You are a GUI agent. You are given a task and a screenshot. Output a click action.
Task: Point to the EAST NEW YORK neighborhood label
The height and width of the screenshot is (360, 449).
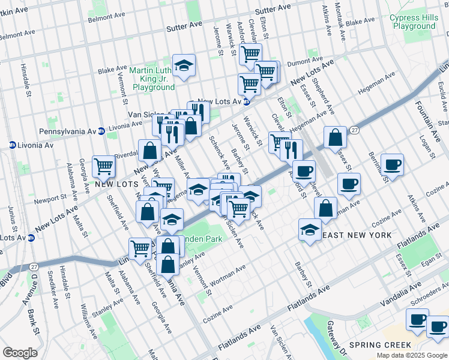(x=358, y=235)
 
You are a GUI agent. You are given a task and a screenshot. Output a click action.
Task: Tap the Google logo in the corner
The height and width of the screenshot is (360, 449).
(x=20, y=353)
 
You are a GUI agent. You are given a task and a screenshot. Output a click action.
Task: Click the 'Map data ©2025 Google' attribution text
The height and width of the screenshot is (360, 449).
(x=412, y=355)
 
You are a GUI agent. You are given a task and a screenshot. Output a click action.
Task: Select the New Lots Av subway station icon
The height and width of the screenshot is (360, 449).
(x=246, y=103)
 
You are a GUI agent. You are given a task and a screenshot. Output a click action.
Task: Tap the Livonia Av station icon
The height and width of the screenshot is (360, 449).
(x=12, y=145)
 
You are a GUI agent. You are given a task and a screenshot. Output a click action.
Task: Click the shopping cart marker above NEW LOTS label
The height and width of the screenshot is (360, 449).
(x=103, y=166)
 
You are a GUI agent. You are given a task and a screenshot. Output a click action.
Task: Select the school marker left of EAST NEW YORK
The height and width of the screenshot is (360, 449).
(x=310, y=229)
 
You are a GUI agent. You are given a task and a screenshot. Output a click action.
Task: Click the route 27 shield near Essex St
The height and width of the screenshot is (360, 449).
(x=355, y=130)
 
